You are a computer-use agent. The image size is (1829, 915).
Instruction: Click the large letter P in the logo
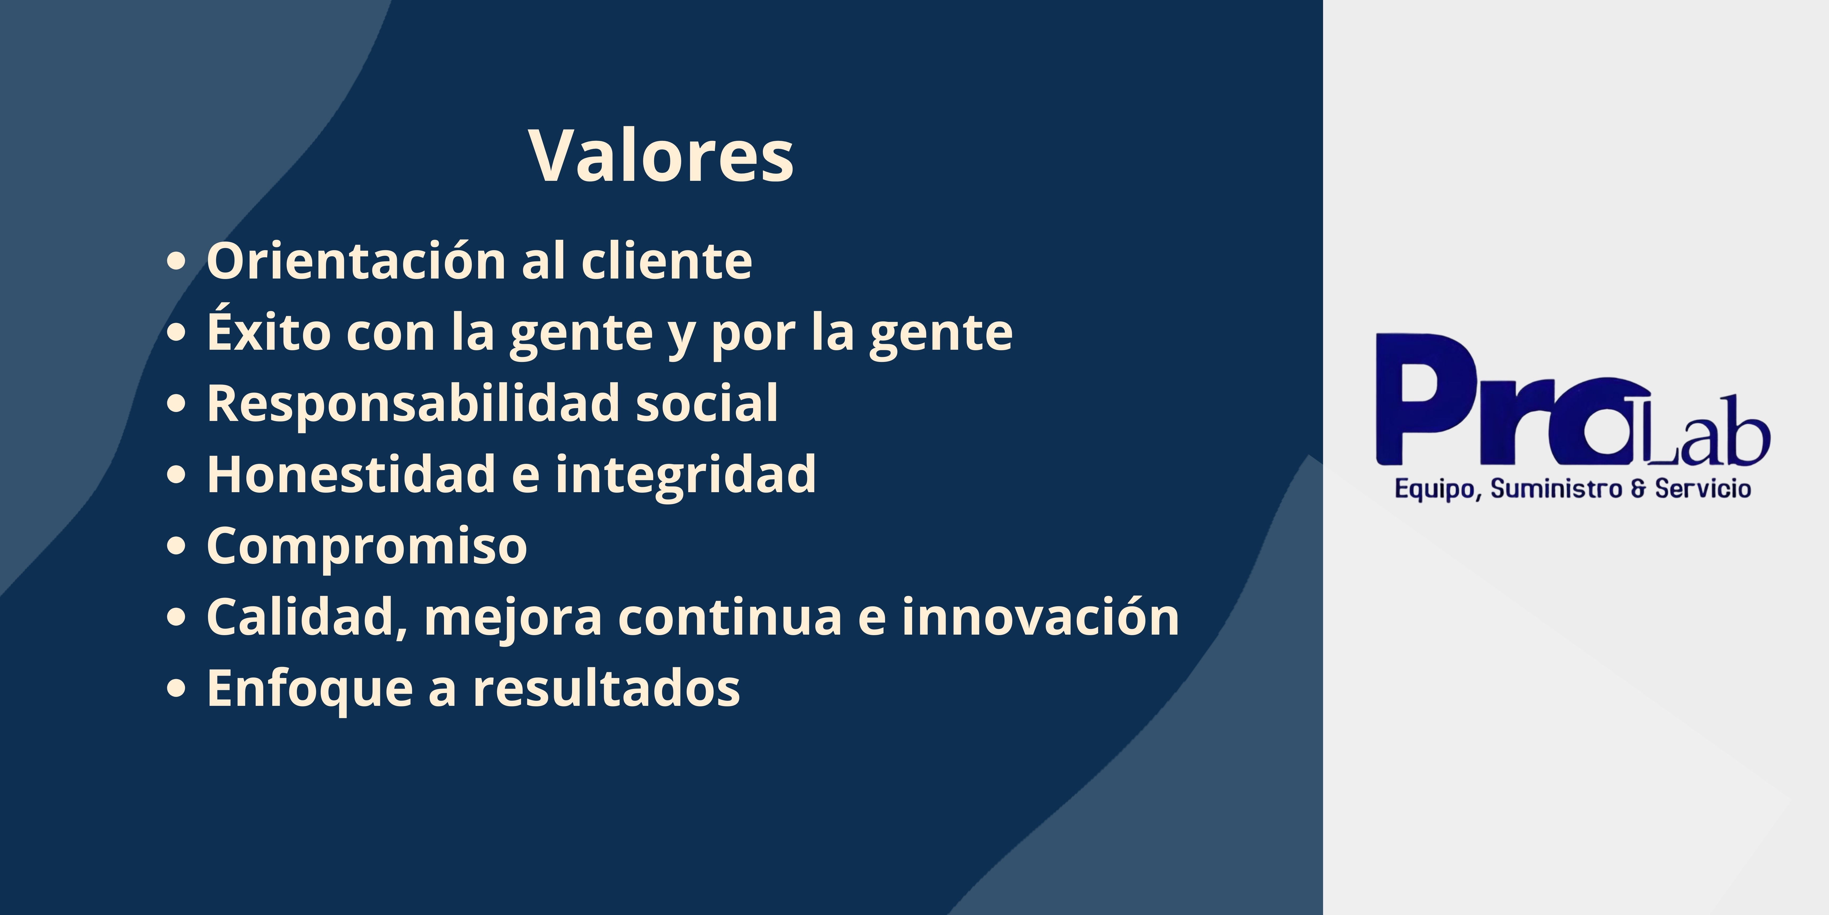point(1427,399)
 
